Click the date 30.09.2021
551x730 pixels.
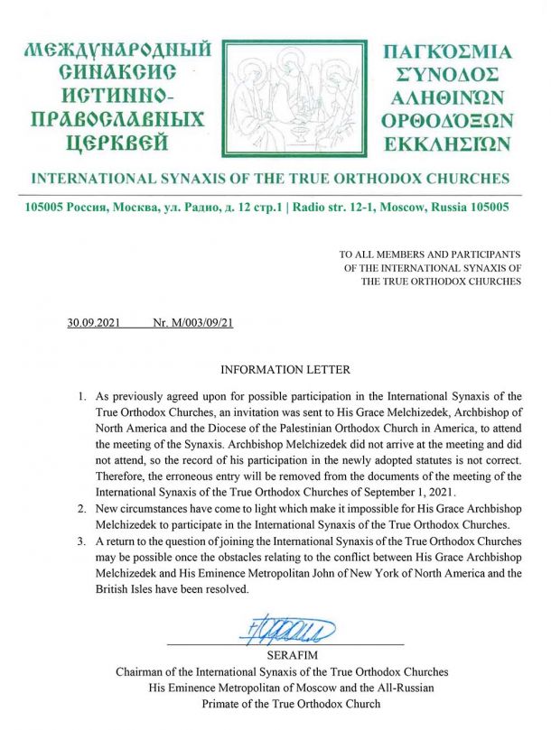click(x=94, y=322)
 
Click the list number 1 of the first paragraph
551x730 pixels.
click(x=81, y=396)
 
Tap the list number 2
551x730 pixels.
click(x=81, y=510)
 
